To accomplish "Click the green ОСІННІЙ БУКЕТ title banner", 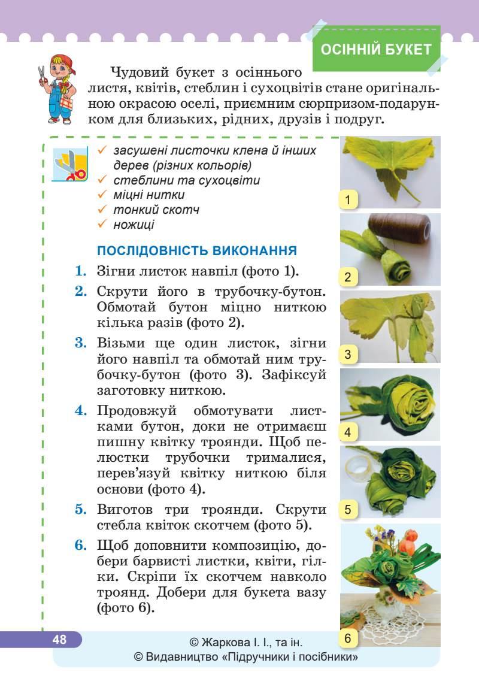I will coord(376,49).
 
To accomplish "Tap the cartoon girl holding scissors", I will coord(57,87).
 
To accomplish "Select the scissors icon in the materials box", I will coord(70,165).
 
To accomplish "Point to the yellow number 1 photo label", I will coord(348,199).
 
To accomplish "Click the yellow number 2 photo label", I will coord(348,277).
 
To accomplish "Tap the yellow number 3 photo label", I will coord(348,355).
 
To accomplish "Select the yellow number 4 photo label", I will coord(348,432).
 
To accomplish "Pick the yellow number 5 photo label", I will coord(348,510).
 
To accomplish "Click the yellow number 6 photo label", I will coord(348,638).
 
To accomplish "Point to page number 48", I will coord(59,639).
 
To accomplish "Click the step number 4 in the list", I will coord(81,411).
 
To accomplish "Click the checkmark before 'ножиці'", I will coord(102,225).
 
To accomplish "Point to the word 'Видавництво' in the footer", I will coord(181,658).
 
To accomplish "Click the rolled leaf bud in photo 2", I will coord(386,264).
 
